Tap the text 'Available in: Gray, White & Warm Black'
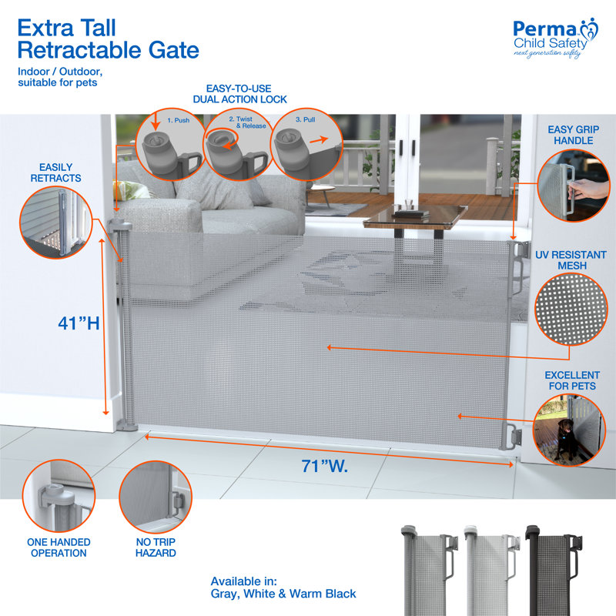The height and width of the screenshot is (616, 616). [283, 587]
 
